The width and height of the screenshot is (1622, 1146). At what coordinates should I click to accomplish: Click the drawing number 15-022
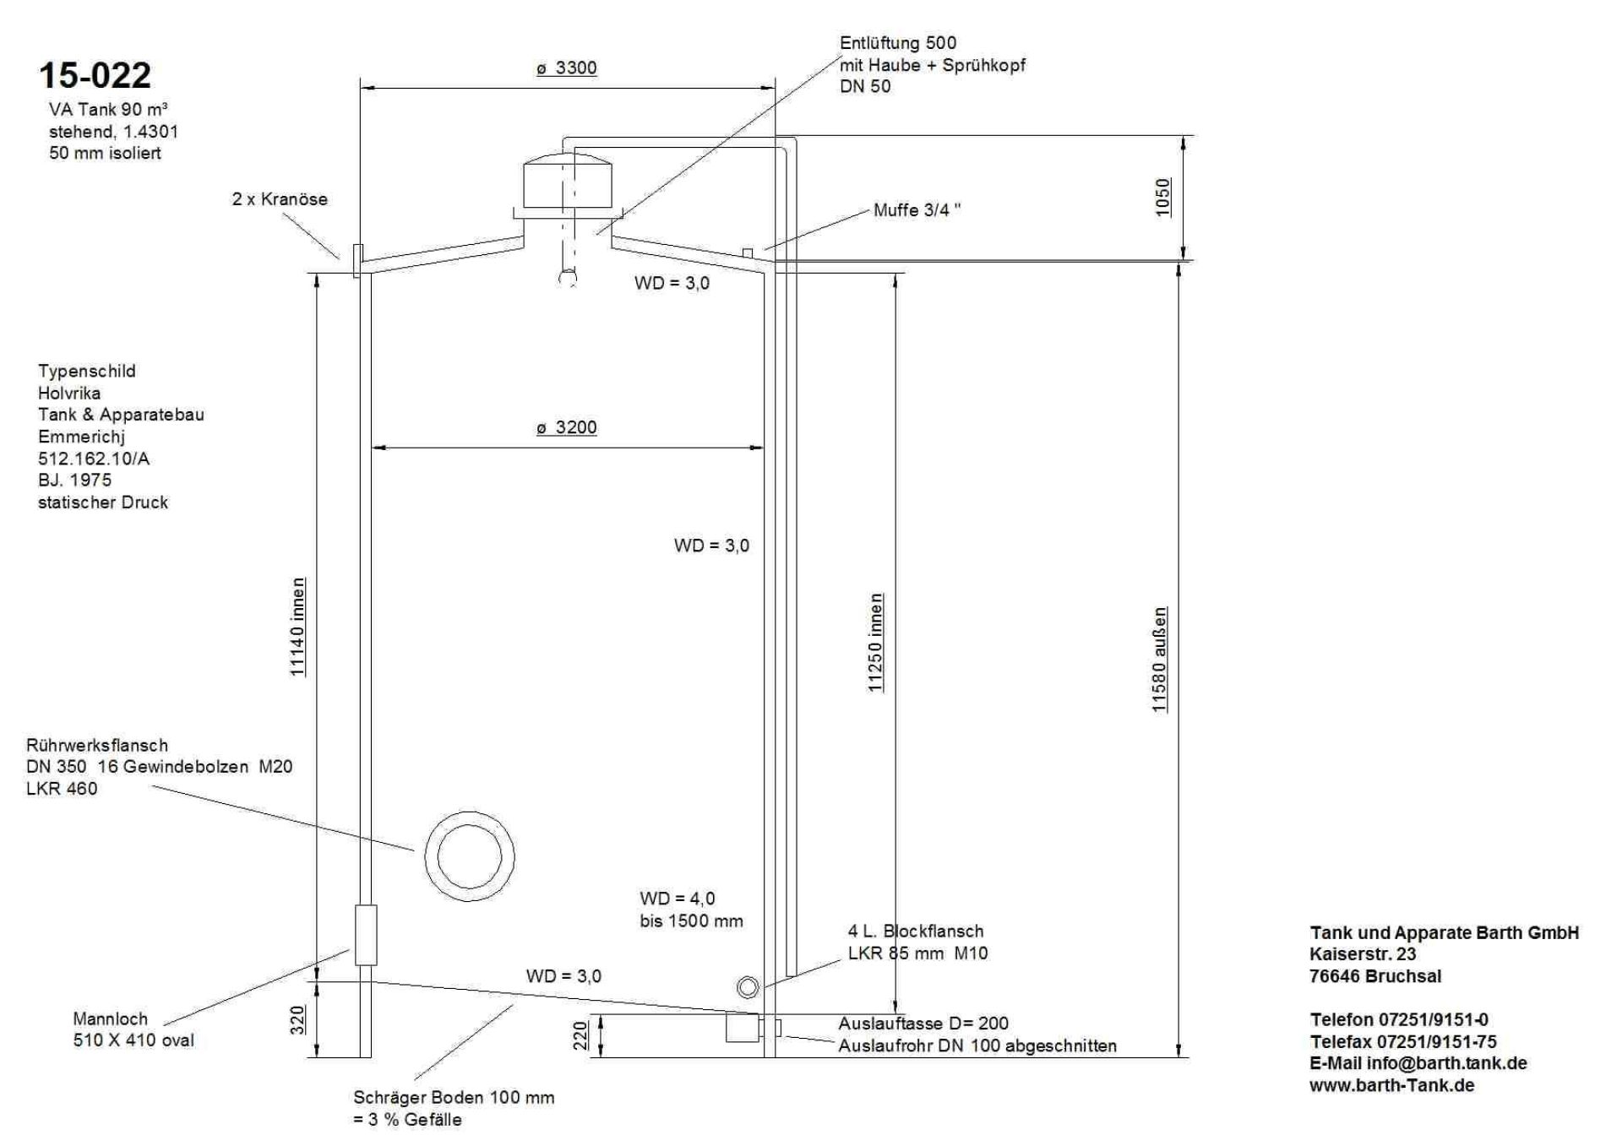(x=95, y=75)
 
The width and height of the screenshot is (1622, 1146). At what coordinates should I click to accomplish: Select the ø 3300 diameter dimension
(x=567, y=68)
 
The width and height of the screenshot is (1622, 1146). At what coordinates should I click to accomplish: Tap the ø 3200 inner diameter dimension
(x=567, y=427)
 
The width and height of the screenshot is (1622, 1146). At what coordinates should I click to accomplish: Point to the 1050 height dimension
(x=1163, y=197)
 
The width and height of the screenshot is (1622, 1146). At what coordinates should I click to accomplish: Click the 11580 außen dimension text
(x=1159, y=660)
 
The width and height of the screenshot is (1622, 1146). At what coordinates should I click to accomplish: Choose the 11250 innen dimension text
(x=875, y=643)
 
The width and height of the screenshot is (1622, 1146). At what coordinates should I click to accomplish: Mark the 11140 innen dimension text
(x=297, y=627)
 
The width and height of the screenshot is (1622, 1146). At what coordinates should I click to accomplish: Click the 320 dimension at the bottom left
(x=297, y=1019)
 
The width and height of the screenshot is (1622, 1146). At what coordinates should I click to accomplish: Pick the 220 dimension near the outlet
(x=580, y=1036)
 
